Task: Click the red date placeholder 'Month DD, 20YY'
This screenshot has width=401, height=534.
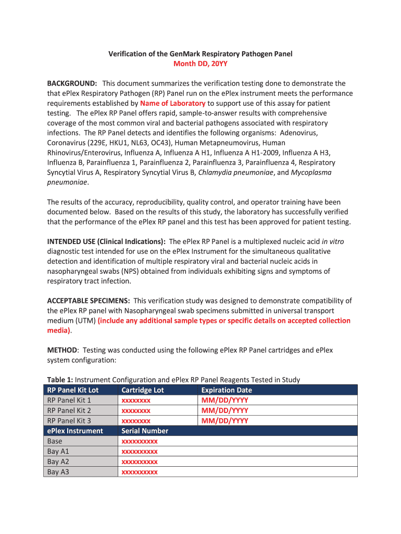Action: click(x=200, y=64)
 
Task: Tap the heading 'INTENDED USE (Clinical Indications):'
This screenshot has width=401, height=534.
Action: click(x=107, y=241)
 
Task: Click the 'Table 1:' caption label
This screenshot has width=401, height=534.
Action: click(x=60, y=380)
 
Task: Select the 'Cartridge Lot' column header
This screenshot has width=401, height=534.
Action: click(x=142, y=390)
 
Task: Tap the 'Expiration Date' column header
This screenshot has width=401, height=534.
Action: click(x=226, y=390)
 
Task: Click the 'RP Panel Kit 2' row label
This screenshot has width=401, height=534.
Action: click(x=69, y=410)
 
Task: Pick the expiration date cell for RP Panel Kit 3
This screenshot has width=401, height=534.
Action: click(x=224, y=421)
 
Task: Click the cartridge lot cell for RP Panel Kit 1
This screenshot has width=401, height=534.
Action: click(x=136, y=400)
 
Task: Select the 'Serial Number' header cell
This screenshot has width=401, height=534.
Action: click(x=145, y=431)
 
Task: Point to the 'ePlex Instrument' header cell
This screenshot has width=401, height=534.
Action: click(x=75, y=431)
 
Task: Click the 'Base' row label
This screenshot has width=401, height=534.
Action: click(x=55, y=441)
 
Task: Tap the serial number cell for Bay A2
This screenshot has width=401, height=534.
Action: click(x=139, y=462)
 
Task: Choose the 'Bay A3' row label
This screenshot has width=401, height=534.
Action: click(x=58, y=472)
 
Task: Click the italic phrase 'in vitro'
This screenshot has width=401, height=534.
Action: click(x=332, y=241)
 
